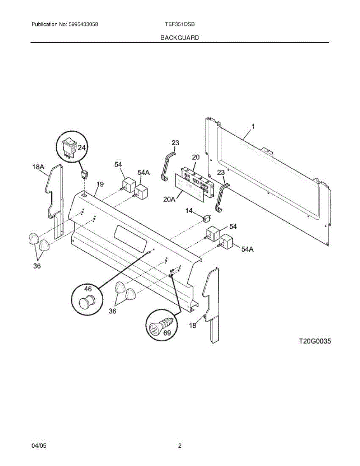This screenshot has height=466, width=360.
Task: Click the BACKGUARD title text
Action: (180, 38)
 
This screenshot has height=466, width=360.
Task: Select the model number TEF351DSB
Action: (180, 24)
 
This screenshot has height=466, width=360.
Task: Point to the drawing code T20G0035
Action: (315, 341)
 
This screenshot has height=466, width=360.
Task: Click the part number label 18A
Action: (38, 167)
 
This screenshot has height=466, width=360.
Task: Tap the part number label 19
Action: (100, 184)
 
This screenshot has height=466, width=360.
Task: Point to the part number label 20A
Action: (170, 199)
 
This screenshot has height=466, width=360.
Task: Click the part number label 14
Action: (189, 210)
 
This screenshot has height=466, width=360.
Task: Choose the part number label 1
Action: (253, 127)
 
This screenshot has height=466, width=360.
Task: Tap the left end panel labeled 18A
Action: (55, 198)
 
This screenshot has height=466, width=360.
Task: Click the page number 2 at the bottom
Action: (180, 446)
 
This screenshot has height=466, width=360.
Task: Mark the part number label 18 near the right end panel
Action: (193, 325)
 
